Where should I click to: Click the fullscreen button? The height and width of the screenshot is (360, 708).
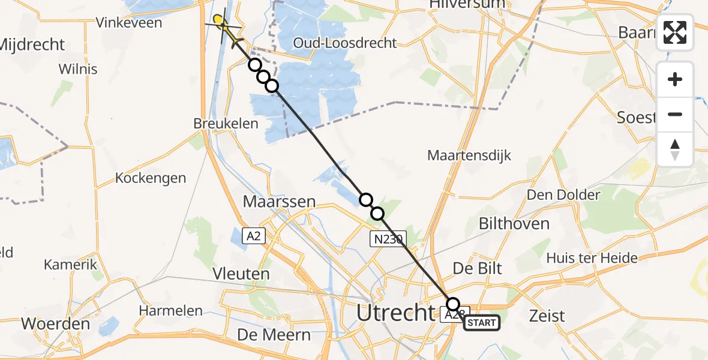[x=675, y=32]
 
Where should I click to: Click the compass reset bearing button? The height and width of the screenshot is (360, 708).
[x=675, y=149]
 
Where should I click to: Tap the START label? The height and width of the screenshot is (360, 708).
[x=481, y=323]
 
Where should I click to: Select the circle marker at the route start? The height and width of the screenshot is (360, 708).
[x=453, y=304]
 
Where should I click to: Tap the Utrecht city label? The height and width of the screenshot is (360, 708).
[x=395, y=313]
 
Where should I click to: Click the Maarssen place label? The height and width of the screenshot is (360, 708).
[x=279, y=202]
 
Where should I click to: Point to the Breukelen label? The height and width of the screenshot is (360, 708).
[x=226, y=124]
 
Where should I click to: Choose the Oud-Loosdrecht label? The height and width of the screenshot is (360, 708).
[x=345, y=43]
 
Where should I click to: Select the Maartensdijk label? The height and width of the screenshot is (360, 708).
[x=469, y=155]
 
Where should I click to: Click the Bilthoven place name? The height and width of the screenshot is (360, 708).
[x=514, y=223]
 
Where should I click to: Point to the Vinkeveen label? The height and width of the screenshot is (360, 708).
[x=129, y=23]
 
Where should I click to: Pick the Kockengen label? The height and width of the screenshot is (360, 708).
[x=151, y=178]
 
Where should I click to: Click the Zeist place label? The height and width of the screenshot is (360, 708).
[x=547, y=316]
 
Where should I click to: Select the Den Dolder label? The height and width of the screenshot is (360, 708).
[x=563, y=195]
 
